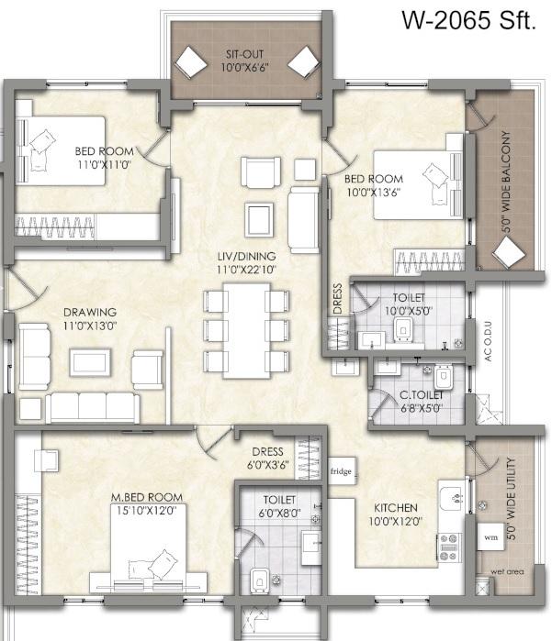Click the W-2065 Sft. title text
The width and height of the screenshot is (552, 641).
(468, 20)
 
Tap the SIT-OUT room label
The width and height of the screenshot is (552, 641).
(244, 54)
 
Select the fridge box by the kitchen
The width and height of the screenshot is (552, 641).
(342, 471)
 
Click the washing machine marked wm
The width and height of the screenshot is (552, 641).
(490, 536)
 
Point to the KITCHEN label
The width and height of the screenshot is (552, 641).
(396, 508)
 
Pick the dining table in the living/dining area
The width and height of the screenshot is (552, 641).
(246, 331)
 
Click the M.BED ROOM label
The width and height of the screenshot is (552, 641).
(147, 498)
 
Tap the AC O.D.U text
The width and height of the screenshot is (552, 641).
(488, 341)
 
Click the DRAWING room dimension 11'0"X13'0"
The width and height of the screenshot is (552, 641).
(90, 326)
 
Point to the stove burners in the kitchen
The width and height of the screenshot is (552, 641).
(449, 547)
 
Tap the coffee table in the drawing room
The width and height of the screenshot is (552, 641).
(90, 362)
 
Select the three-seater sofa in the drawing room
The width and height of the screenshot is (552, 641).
(93, 408)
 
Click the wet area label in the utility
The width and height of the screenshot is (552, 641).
(507, 571)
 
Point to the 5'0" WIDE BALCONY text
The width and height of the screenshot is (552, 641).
(507, 182)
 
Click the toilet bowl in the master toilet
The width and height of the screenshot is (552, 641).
(259, 580)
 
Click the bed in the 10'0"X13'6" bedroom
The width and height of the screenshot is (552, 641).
(418, 184)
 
